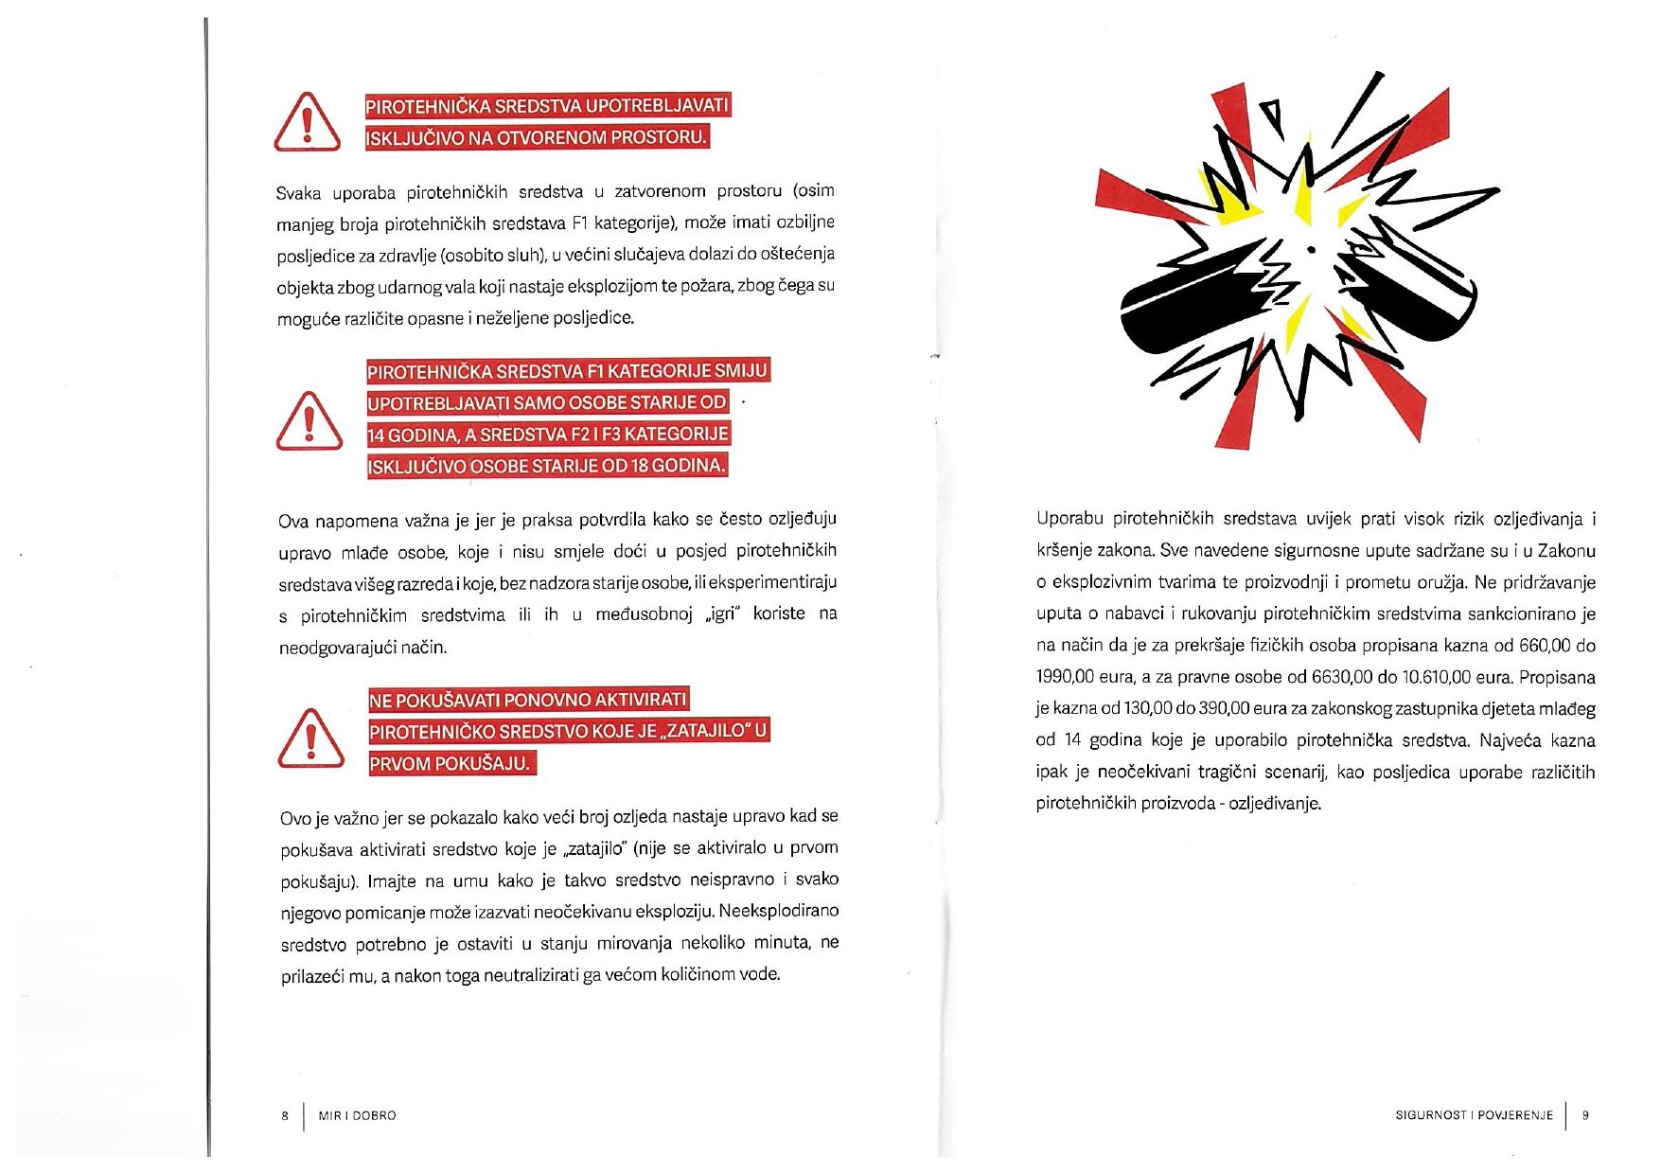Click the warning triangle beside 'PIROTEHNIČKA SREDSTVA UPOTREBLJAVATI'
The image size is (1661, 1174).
(307, 123)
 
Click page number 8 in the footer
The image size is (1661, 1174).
(285, 1115)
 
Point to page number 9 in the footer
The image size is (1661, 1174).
(1585, 1115)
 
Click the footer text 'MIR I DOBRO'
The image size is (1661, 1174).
(357, 1115)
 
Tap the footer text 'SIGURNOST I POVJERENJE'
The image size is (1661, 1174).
(1474, 1115)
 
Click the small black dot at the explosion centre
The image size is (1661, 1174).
(1311, 250)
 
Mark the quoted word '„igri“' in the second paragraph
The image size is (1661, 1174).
(722, 614)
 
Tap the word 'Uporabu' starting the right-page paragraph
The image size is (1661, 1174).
(1069, 519)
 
